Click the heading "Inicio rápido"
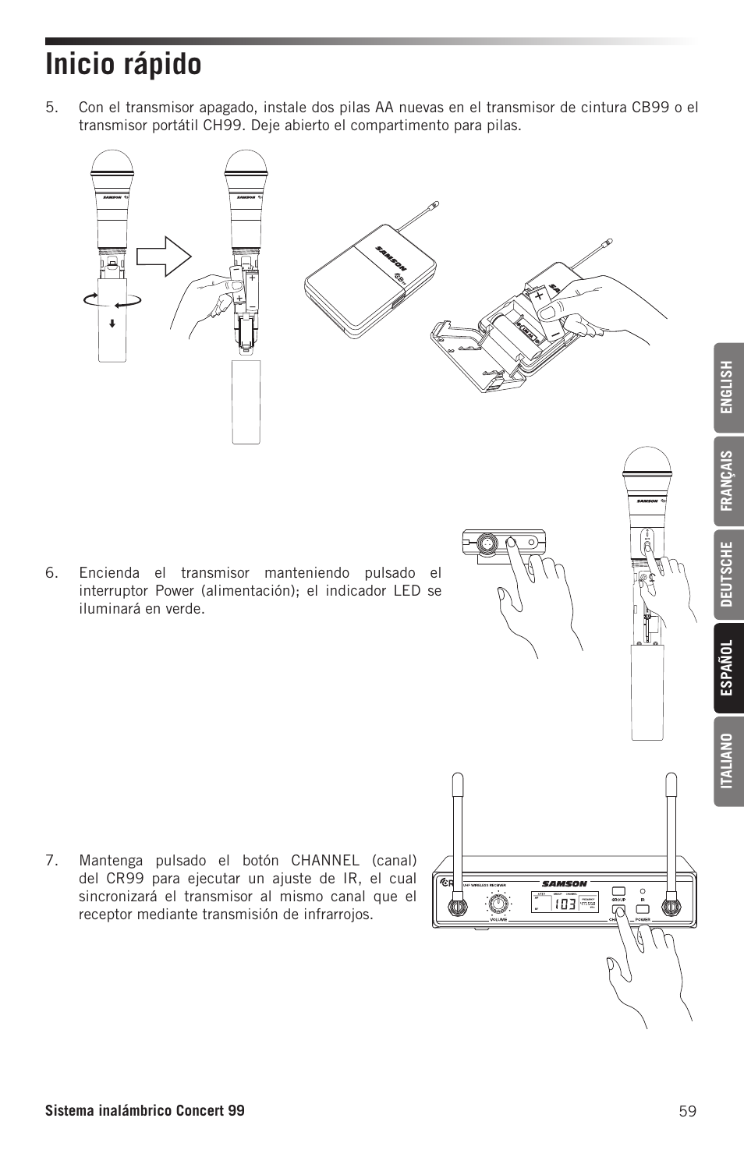point(123,64)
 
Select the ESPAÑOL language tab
point(727,667)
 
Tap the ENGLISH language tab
point(727,387)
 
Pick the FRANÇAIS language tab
point(727,480)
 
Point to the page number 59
point(686,1111)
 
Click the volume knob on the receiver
point(497,903)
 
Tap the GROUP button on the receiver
point(618,890)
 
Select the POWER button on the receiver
point(643,909)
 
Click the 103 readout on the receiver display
point(566,904)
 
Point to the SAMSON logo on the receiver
point(564,883)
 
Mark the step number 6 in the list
point(51,572)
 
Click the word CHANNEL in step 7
point(325,861)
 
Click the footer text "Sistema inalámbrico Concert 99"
point(144,1111)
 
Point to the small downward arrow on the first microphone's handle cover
point(113,322)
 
